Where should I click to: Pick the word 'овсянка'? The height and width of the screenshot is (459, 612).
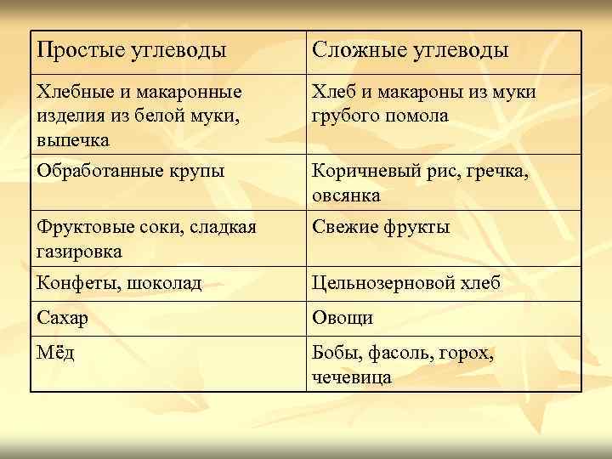[x=345, y=195]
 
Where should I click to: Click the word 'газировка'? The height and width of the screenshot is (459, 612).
[x=79, y=252]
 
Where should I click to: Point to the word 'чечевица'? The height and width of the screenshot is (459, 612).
[x=352, y=377]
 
